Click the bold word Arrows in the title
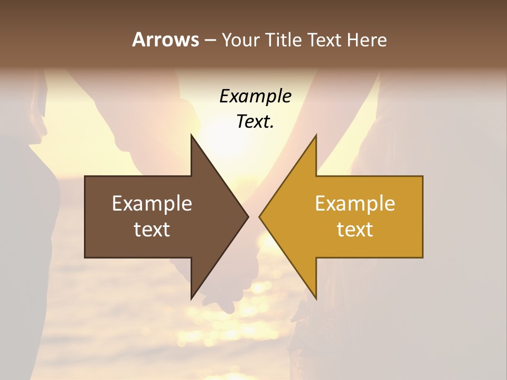point(165,40)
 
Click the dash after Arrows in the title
point(210,41)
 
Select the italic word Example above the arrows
point(255,97)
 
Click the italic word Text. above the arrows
point(255,121)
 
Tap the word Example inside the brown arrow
point(152,204)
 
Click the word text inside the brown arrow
point(152,230)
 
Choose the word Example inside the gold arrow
point(355,204)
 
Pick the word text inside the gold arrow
point(355,230)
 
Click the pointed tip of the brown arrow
point(247,216)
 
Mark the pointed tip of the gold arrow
point(260,216)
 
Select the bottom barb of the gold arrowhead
point(315,297)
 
